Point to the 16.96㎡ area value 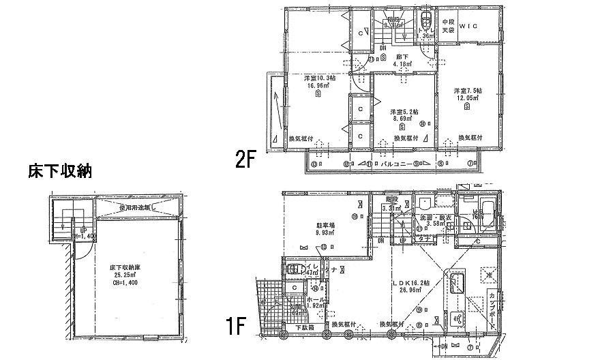pos(319,87)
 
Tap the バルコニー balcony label pos(395,164)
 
